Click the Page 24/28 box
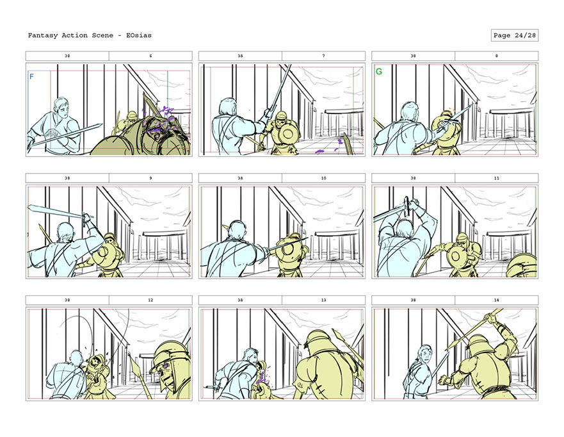tap(514, 35)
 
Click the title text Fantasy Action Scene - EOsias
tap(90, 35)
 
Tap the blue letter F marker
tap(31, 76)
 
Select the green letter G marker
tap(379, 72)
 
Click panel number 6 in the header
tap(150, 56)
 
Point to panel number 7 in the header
tap(324, 56)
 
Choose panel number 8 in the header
tap(497, 56)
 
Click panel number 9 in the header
tap(150, 178)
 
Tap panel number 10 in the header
tap(324, 178)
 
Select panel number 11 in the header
tap(497, 178)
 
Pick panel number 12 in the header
tap(150, 300)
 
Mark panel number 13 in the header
tap(324, 300)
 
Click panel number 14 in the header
tap(497, 300)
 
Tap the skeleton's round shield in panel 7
tap(287, 135)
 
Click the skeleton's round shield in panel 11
tap(456, 256)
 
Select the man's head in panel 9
tap(65, 232)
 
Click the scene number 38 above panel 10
tap(240, 178)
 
